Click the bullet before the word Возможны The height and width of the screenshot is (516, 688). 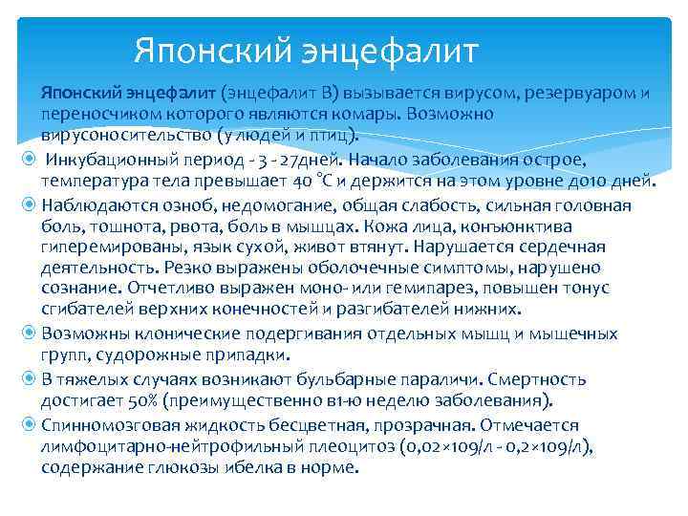[x=29, y=333]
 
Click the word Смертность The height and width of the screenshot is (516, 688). [x=583, y=377]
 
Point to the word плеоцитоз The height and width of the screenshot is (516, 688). [x=313, y=445]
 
